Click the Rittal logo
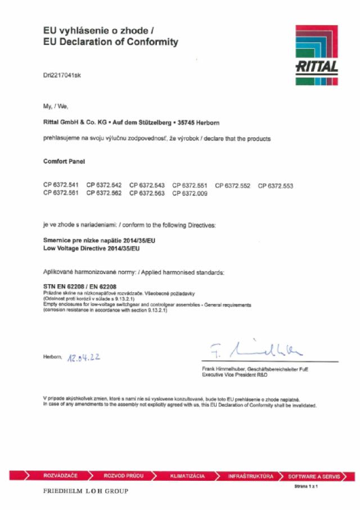pyautogui.click(x=317, y=55)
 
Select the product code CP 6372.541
pyautogui.click(x=61, y=185)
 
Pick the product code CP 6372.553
pyautogui.click(x=276, y=185)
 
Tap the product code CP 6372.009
pyautogui.click(x=190, y=193)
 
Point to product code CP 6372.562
pyautogui.click(x=104, y=193)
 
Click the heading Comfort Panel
pyautogui.click(x=61, y=162)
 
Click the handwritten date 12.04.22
pyautogui.click(x=83, y=357)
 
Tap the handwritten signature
pyautogui.click(x=256, y=350)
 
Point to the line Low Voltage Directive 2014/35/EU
pyautogui.click(x=92, y=248)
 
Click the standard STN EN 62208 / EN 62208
pyautogui.click(x=80, y=287)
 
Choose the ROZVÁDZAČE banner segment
pyautogui.click(x=60, y=476)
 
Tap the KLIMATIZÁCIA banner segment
pyautogui.click(x=187, y=476)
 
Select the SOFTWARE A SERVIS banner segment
pyautogui.click(x=313, y=476)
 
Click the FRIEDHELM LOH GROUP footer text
pyautogui.click(x=85, y=491)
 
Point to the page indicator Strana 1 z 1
pyautogui.click(x=306, y=486)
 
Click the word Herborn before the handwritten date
pyautogui.click(x=52, y=357)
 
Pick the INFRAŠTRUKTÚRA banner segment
pyautogui.click(x=250, y=476)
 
